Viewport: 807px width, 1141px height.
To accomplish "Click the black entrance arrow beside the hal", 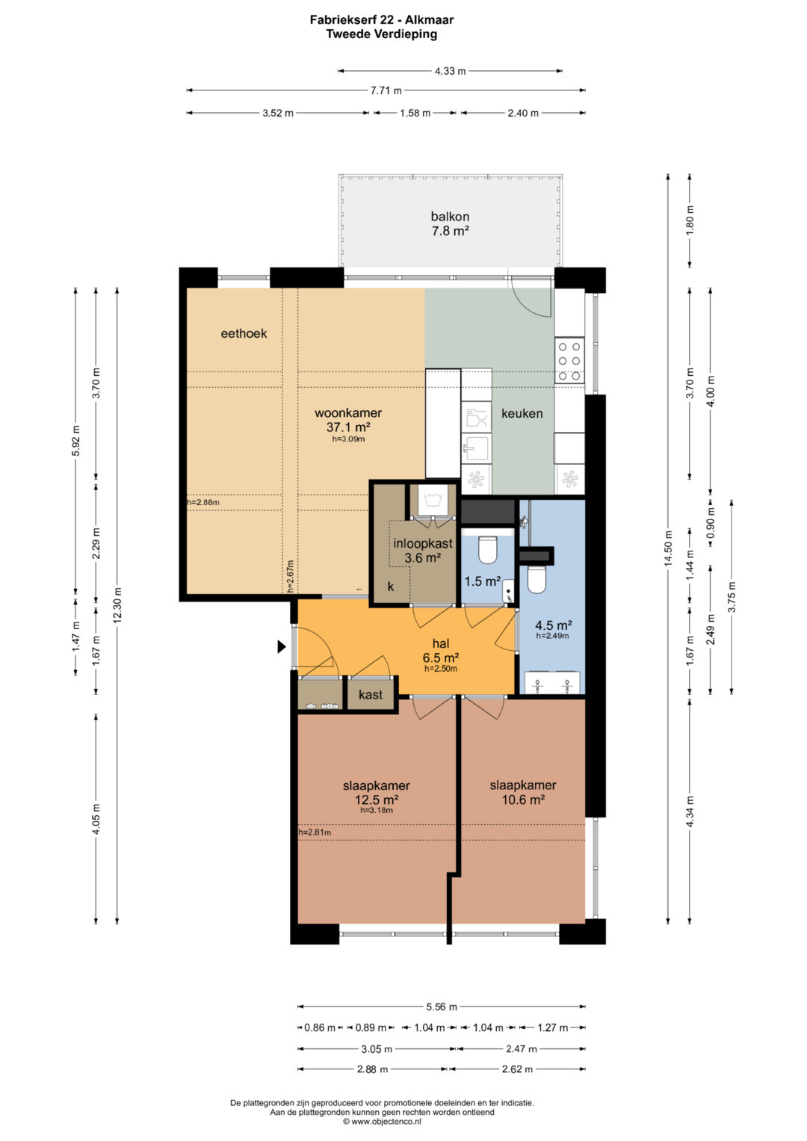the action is coord(281,647).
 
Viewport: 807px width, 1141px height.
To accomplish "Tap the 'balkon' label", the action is coord(450,217).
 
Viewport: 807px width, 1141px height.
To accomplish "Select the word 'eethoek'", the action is coord(244,334).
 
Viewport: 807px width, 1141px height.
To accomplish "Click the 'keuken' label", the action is coord(522,413).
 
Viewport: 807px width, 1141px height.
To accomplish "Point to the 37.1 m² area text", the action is coord(348,427).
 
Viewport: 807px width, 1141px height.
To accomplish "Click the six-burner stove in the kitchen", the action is coord(569,362).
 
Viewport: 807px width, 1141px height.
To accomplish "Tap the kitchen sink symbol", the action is coord(476,448).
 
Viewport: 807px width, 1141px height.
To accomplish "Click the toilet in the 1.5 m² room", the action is coord(487,549).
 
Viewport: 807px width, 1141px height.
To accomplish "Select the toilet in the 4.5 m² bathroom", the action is coord(536,580).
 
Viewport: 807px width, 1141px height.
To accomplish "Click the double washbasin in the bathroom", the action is coord(552,683).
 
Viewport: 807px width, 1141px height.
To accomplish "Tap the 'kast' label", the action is coord(371,695).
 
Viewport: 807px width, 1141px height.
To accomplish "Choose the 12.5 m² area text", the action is coord(377,800).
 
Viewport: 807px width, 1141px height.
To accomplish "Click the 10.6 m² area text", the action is coord(523,800).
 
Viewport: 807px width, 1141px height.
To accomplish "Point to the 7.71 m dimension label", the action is coord(386,90).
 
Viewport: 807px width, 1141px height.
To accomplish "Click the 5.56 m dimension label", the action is coord(441,1007).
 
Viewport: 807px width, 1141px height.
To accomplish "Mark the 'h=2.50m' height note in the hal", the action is coord(441,669).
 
